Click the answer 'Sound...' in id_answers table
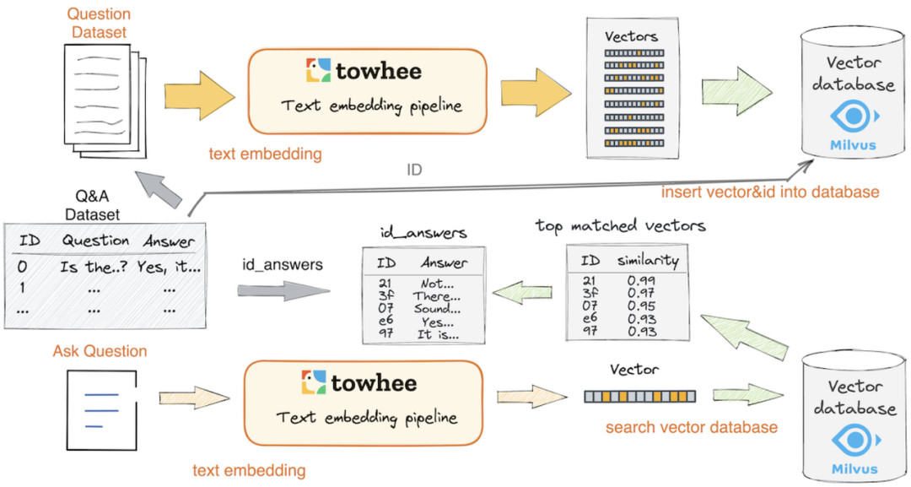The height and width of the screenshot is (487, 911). [x=438, y=308]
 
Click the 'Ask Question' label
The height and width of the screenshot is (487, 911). [x=100, y=351]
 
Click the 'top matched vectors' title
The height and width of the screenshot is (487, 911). [x=620, y=226]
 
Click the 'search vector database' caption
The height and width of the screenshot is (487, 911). [x=692, y=427]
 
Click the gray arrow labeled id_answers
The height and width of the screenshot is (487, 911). [x=283, y=291]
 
